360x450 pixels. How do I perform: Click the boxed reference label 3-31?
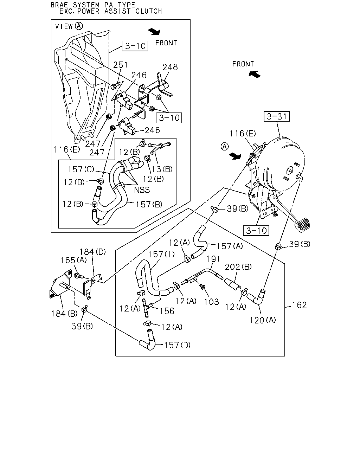click(277, 116)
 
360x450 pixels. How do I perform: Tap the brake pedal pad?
click(302, 225)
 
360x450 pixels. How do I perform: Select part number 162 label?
click(299, 305)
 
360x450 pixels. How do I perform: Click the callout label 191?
click(213, 259)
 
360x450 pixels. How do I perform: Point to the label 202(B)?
click(238, 267)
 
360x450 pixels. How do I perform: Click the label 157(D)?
click(178, 345)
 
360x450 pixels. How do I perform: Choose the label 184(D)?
click(93, 252)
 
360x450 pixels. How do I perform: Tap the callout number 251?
click(120, 65)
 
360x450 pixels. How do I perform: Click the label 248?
click(170, 67)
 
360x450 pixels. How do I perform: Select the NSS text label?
click(142, 190)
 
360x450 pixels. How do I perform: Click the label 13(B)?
click(162, 169)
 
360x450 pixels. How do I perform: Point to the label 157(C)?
click(81, 169)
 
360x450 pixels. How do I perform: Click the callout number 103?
click(212, 302)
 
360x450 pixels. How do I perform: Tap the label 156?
click(167, 311)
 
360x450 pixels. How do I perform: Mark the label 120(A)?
click(263, 320)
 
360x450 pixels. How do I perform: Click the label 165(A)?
click(73, 261)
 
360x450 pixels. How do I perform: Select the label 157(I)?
click(161, 255)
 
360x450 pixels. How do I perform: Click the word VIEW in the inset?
click(64, 26)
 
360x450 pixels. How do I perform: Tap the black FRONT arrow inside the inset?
click(154, 32)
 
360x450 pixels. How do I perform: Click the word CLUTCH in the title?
click(149, 11)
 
